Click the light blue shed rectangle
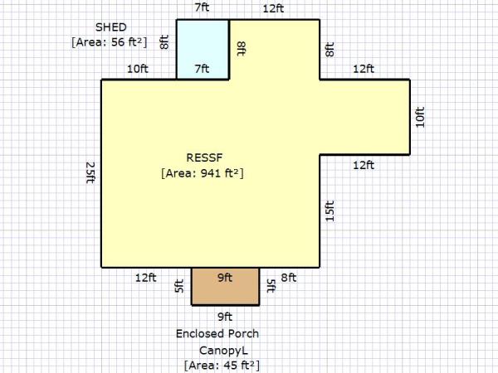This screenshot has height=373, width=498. pos(203,50)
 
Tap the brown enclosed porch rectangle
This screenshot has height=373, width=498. pos(226,287)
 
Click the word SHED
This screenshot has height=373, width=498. pos(111,27)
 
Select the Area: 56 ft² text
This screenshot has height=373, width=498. pos(110,42)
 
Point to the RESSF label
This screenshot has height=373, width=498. pos(204,157)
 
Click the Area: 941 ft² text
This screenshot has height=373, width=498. pos(203,173)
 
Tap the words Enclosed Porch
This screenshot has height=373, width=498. pos(217,334)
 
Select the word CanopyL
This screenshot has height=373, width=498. pos(223,351)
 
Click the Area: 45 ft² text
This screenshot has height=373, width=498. pos(222,366)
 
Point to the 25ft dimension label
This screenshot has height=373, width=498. pos(90,172)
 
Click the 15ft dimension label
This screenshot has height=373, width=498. pos(330,211)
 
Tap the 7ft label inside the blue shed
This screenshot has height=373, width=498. pos(202,69)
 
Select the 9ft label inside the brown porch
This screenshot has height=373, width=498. pos(225,278)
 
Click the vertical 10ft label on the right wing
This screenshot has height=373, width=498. pos(420,118)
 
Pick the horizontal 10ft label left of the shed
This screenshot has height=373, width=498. pos(138,69)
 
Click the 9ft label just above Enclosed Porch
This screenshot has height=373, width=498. pos(225,317)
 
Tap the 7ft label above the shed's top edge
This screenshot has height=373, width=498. pos(202,7)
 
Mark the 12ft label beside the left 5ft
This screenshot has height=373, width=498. pos(146,278)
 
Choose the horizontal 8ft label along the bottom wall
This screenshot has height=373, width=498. pos(289,278)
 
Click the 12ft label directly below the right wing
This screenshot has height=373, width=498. pos(364,165)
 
